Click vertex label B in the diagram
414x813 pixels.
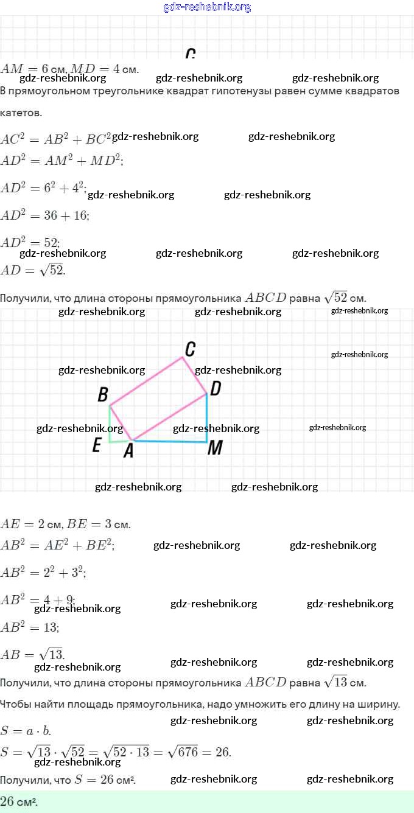[103, 395]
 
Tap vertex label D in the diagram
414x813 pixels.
[215, 388]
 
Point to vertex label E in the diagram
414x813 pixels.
[96, 446]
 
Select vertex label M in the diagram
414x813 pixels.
[215, 448]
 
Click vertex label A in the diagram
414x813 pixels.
[128, 451]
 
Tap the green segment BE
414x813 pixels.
[110, 424]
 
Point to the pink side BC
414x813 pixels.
[146, 381]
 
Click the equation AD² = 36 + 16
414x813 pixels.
[45, 215]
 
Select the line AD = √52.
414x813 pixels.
[33, 270]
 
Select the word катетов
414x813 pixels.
[21, 113]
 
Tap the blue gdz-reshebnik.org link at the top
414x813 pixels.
[207, 7]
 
